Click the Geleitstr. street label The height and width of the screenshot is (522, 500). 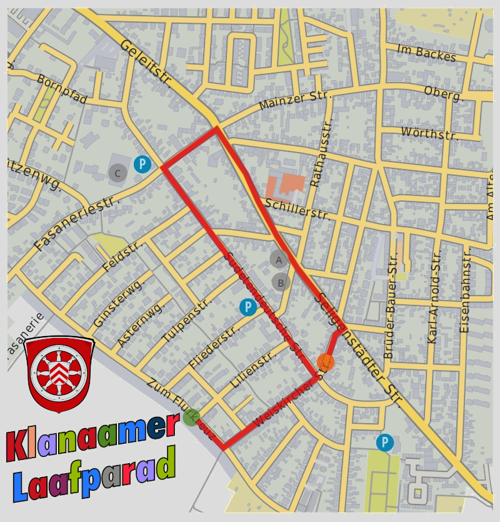tap(146, 62)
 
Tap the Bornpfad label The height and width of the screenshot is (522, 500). tap(62, 89)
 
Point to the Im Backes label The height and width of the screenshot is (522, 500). tap(427, 54)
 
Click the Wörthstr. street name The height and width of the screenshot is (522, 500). tap(429, 133)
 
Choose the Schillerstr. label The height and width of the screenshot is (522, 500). tap(297, 209)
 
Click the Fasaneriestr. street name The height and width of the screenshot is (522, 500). tap(76, 223)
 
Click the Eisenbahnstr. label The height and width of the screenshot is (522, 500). tap(465, 290)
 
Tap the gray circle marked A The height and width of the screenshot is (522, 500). tap(279, 259)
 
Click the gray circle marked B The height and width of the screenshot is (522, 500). tap(281, 282)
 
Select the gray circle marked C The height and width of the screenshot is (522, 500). tap(117, 173)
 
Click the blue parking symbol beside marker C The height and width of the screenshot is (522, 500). tap(142, 165)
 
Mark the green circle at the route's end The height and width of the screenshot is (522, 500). tap(192, 417)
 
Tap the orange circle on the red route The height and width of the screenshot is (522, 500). tap(325, 362)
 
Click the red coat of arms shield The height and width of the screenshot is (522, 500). tap(59, 375)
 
